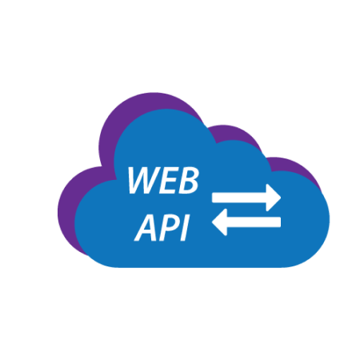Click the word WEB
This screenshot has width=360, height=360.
(163, 180)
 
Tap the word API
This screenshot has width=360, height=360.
(162, 228)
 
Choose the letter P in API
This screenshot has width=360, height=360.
(170, 228)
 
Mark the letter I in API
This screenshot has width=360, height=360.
(185, 228)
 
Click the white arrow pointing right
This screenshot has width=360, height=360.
(246, 198)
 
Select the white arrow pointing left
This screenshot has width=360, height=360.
(246, 222)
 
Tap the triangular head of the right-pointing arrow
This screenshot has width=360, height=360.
(274, 198)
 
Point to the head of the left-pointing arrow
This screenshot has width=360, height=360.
(219, 222)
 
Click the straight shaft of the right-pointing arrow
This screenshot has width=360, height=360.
(239, 198)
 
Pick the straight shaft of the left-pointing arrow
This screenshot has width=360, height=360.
(254, 222)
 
